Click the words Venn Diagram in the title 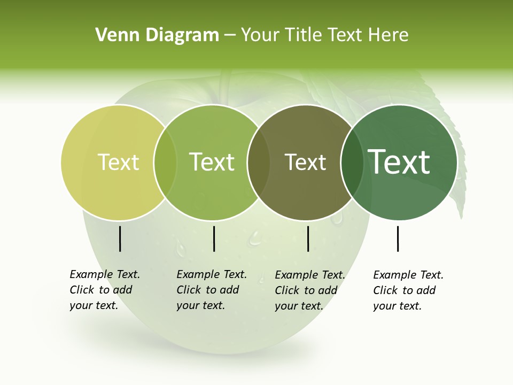[157, 35]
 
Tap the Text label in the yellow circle [118, 162]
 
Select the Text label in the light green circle [212, 162]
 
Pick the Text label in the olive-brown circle [305, 162]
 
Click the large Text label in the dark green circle [399, 162]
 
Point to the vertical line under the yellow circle [120, 238]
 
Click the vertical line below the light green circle [214, 238]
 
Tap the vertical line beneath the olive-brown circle [308, 238]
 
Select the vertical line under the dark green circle [398, 238]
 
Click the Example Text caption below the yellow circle [104, 290]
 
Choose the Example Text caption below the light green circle [211, 290]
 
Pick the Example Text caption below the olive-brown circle [309, 290]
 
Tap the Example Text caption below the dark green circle [408, 290]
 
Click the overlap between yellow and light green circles [165, 163]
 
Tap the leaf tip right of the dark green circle [460, 214]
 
